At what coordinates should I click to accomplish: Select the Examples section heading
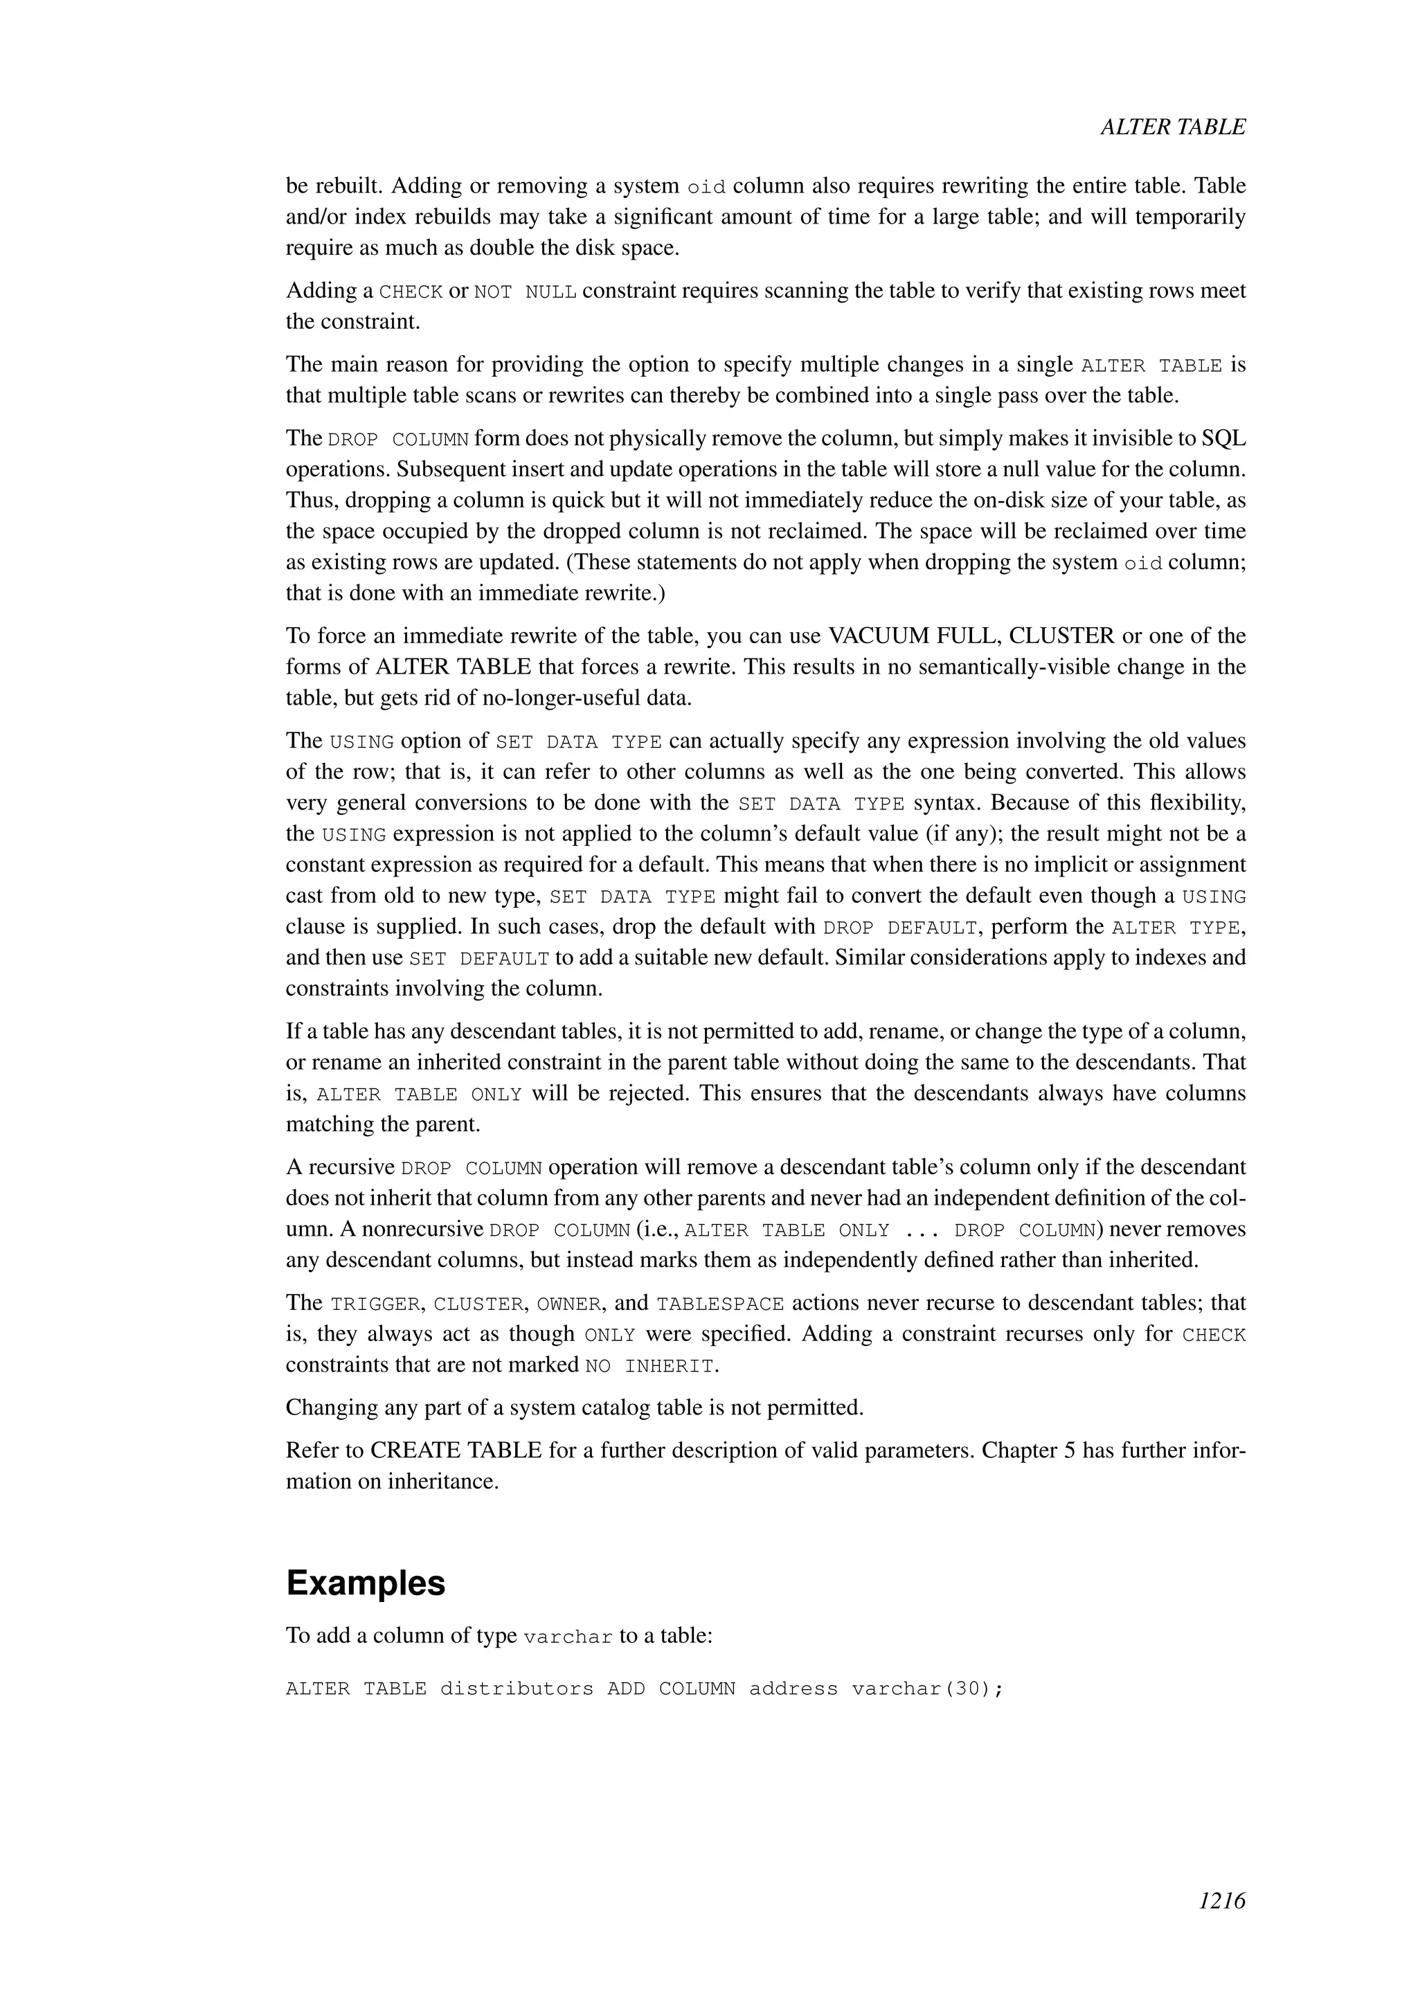coord(365,1583)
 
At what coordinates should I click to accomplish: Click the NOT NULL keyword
coord(525,291)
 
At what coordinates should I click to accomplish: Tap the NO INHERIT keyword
coord(651,1366)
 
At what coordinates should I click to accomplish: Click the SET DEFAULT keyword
coord(478,959)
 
